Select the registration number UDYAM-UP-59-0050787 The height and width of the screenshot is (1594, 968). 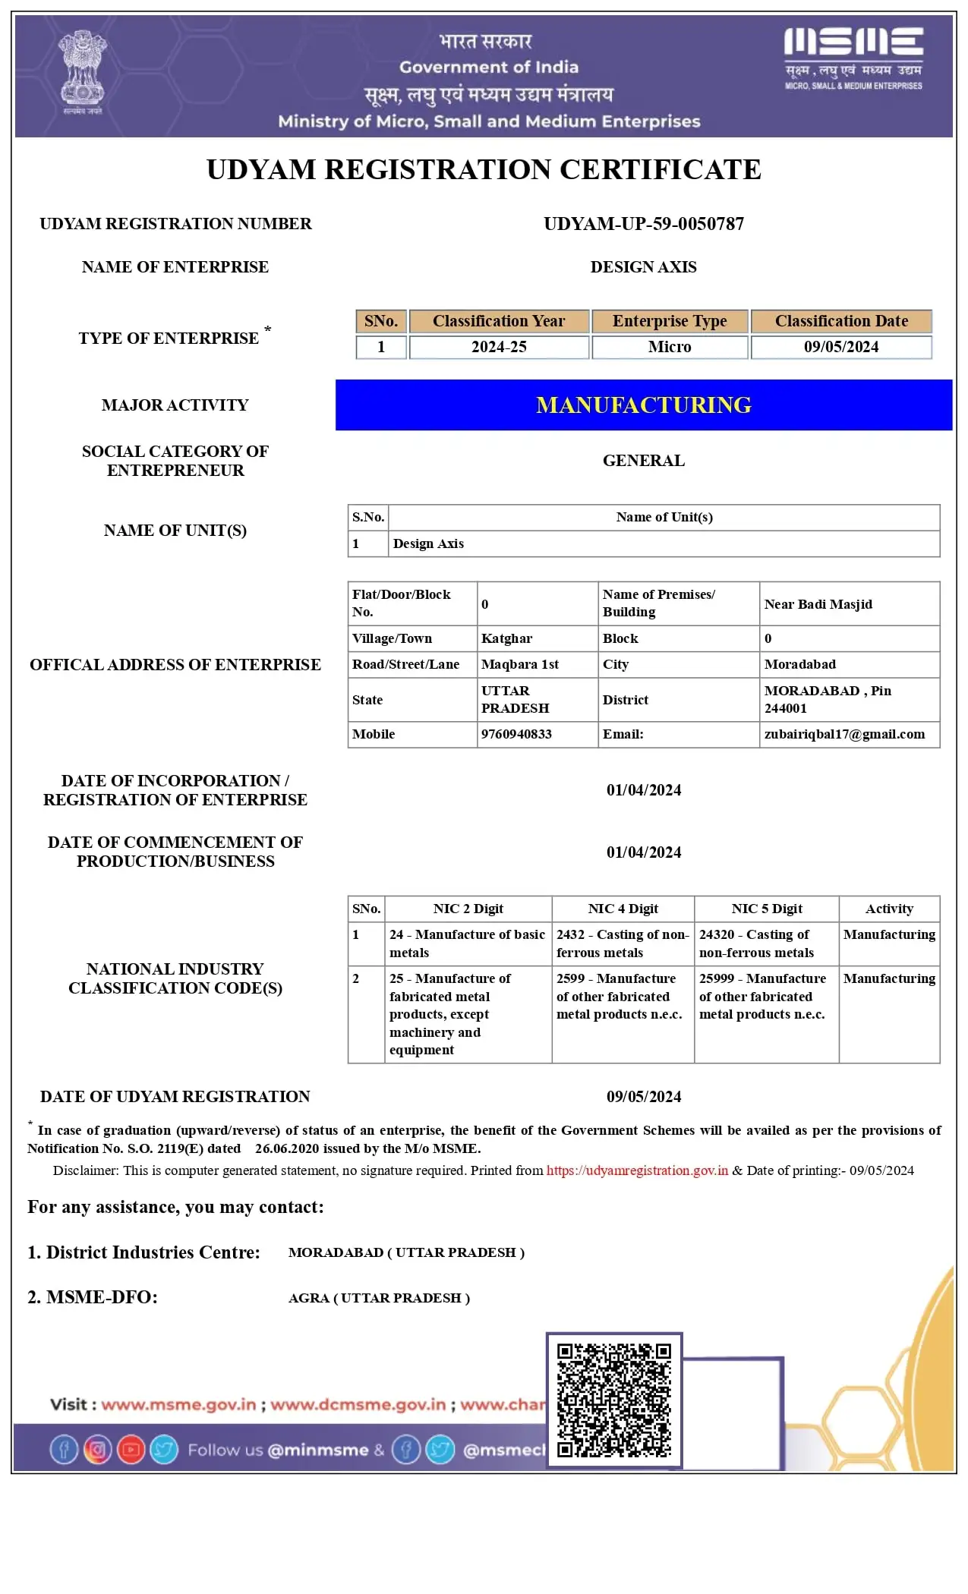tap(644, 224)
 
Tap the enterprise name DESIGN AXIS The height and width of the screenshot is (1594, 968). tap(643, 267)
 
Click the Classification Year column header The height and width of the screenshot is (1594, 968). tap(499, 321)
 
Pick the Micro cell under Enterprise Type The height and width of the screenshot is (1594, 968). tap(670, 347)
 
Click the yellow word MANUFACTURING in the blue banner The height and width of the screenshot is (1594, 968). tap(644, 405)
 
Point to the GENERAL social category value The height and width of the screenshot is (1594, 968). tap(644, 461)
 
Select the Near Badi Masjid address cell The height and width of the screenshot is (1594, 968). tap(818, 604)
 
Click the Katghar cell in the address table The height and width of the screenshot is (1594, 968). tap(506, 638)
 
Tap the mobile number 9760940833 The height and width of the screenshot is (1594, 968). tap(516, 734)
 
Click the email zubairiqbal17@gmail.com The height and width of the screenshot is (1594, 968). tap(844, 734)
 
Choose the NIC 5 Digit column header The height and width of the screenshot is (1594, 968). tap(767, 909)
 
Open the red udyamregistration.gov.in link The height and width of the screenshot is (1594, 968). tap(637, 1170)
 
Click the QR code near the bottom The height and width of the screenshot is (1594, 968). tap(614, 1400)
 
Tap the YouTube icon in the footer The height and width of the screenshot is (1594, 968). tap(131, 1450)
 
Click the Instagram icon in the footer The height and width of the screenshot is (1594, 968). tap(97, 1450)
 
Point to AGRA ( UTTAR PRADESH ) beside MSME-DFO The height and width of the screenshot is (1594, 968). tap(379, 1298)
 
